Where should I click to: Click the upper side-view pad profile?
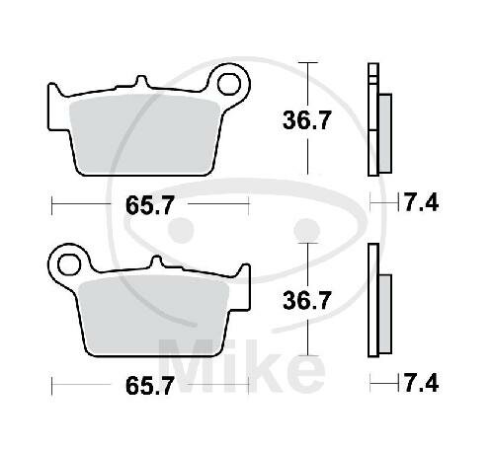tap(376, 118)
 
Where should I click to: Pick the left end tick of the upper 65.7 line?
tap(51, 204)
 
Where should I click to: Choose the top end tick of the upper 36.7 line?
tap(310, 63)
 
